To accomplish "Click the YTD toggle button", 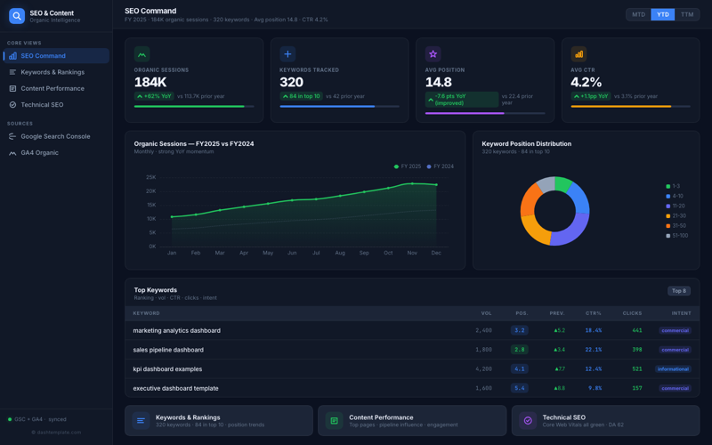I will coord(662,14).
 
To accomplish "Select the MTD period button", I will coord(638,14).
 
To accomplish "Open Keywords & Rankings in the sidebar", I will coord(53,72).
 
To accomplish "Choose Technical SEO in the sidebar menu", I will coord(42,105).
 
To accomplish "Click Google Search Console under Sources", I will coord(55,136).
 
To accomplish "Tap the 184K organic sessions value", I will coord(150,82).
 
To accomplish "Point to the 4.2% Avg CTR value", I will coord(587,82).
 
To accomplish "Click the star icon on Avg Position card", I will coord(433,54).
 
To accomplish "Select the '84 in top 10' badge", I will coord(301,96).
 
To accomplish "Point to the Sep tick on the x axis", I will coord(364,253).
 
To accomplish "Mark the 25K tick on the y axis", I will coord(150,177).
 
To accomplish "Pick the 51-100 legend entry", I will coord(680,236).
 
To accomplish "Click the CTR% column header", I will coord(593,313).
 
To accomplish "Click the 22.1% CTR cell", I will coord(593,350).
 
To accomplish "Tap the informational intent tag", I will coord(673,368).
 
